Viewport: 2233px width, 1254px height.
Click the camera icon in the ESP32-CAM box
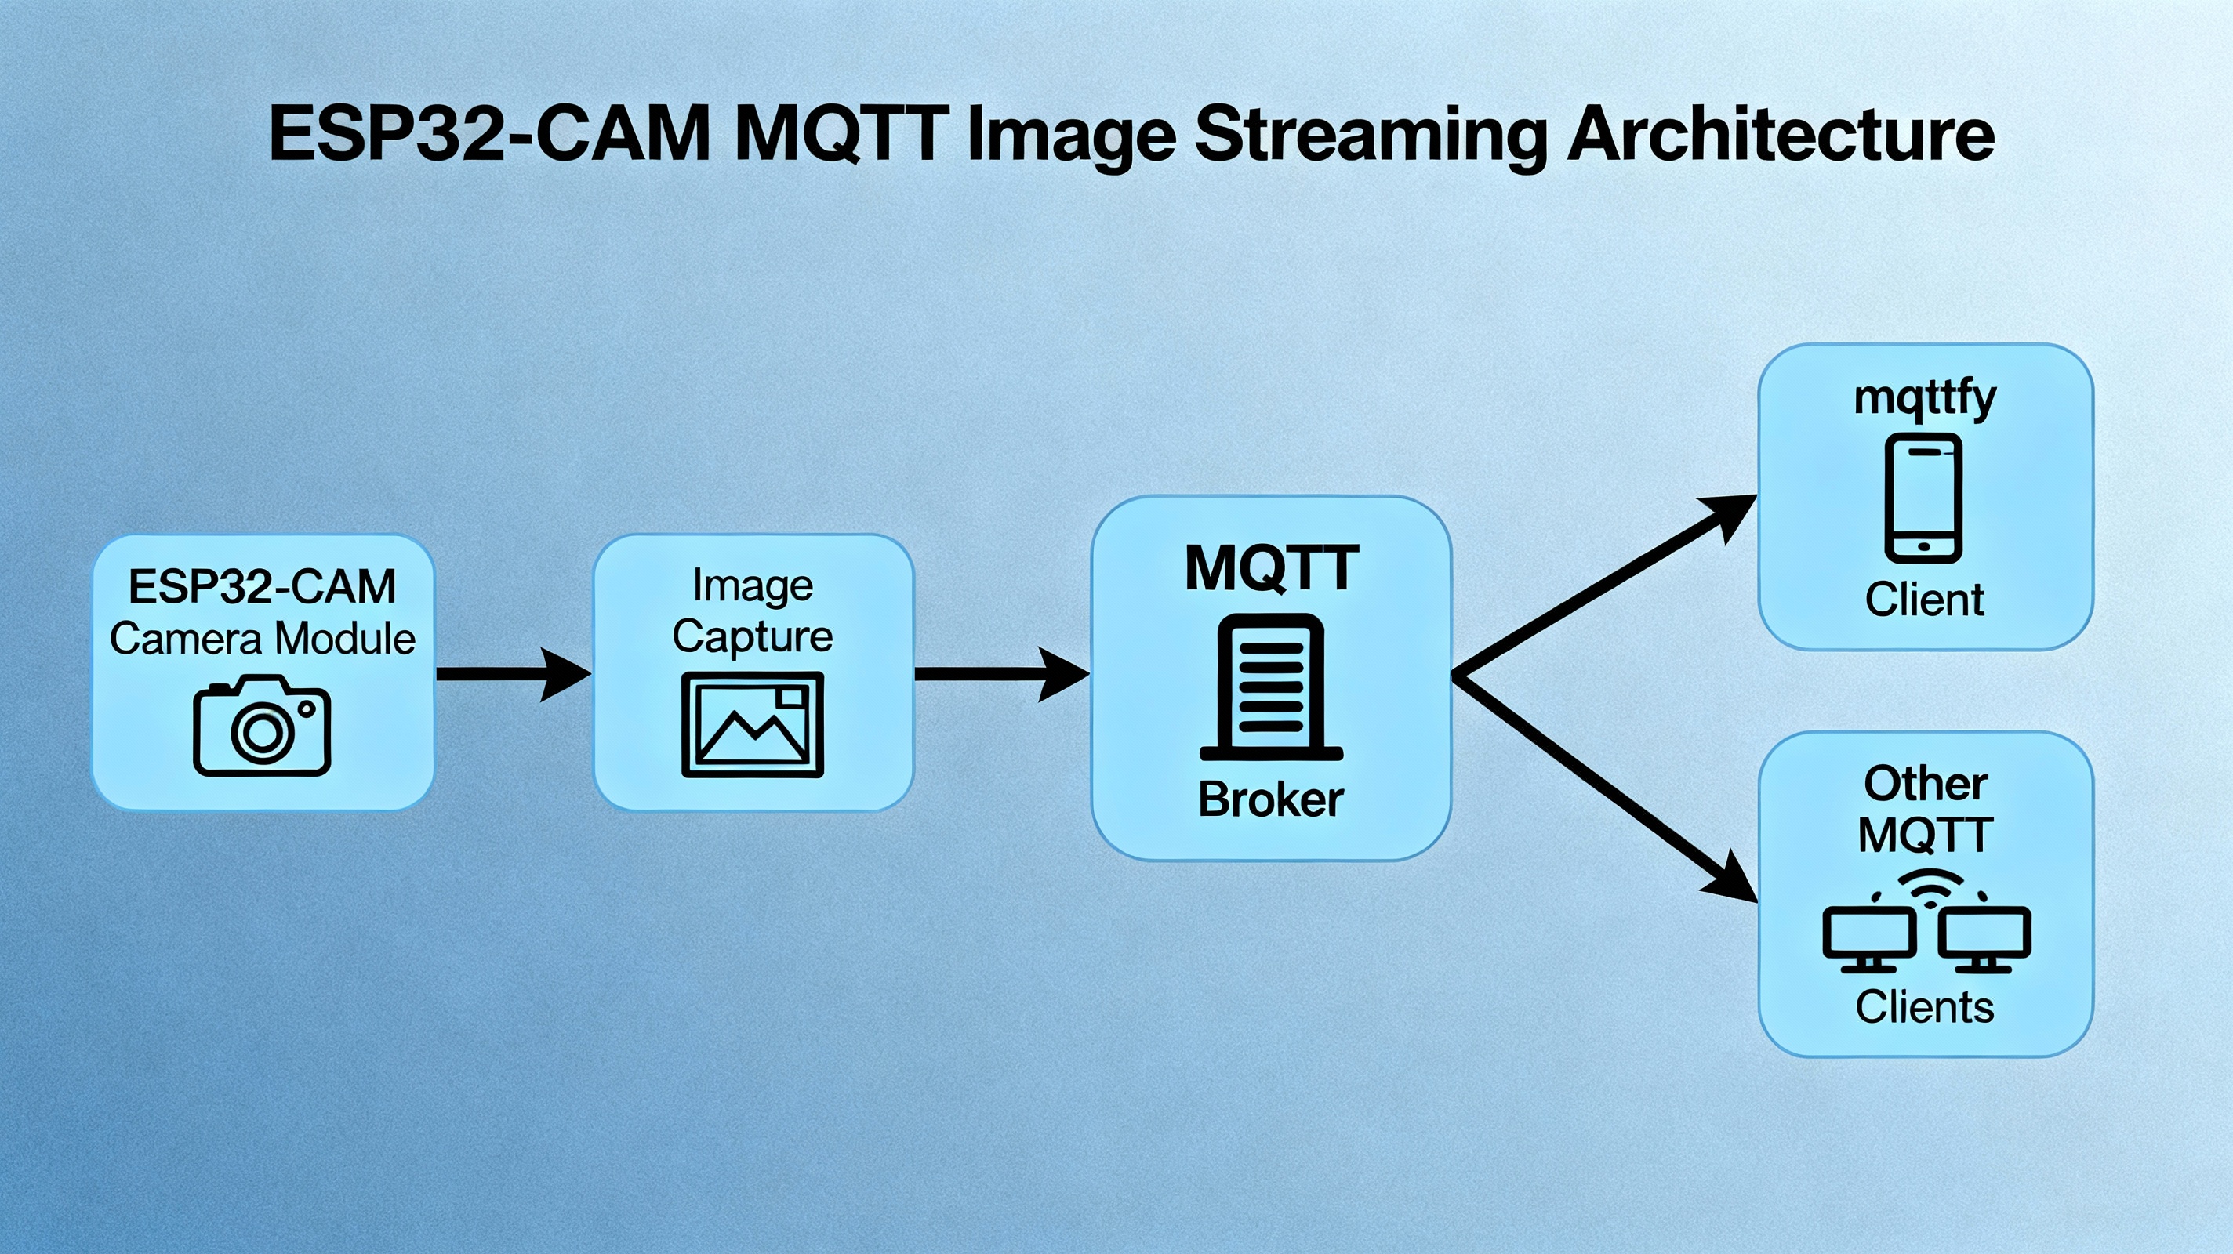tap(262, 726)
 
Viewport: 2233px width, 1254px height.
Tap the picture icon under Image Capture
tap(753, 724)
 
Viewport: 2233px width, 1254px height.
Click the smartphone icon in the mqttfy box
tap(1923, 498)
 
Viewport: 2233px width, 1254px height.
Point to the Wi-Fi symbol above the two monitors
tap(1930, 886)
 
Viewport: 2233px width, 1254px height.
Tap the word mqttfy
tap(1926, 400)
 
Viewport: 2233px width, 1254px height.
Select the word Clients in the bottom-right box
tap(1924, 1007)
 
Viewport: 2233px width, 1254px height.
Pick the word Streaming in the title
tap(1370, 137)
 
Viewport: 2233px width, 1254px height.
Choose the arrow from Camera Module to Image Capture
tap(514, 673)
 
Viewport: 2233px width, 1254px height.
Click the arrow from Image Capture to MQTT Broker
tap(1002, 673)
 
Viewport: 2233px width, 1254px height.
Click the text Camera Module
tap(262, 639)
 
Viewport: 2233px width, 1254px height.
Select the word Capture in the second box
tap(753, 637)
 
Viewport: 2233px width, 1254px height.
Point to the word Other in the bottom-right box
tap(1926, 784)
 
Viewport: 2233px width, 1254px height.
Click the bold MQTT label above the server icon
tap(1271, 568)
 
